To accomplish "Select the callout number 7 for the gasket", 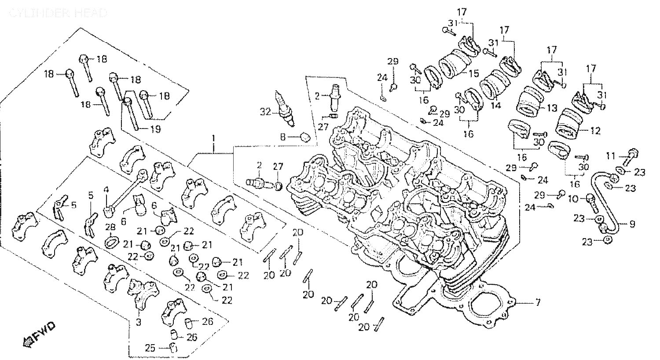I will click(x=538, y=303).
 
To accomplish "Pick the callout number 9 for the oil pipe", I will click(x=632, y=224).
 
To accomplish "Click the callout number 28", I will click(x=110, y=226).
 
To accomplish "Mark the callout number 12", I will click(x=595, y=130).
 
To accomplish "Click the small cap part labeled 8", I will click(x=304, y=137).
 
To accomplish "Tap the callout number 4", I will click(x=106, y=190).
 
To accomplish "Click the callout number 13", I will click(x=552, y=109).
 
